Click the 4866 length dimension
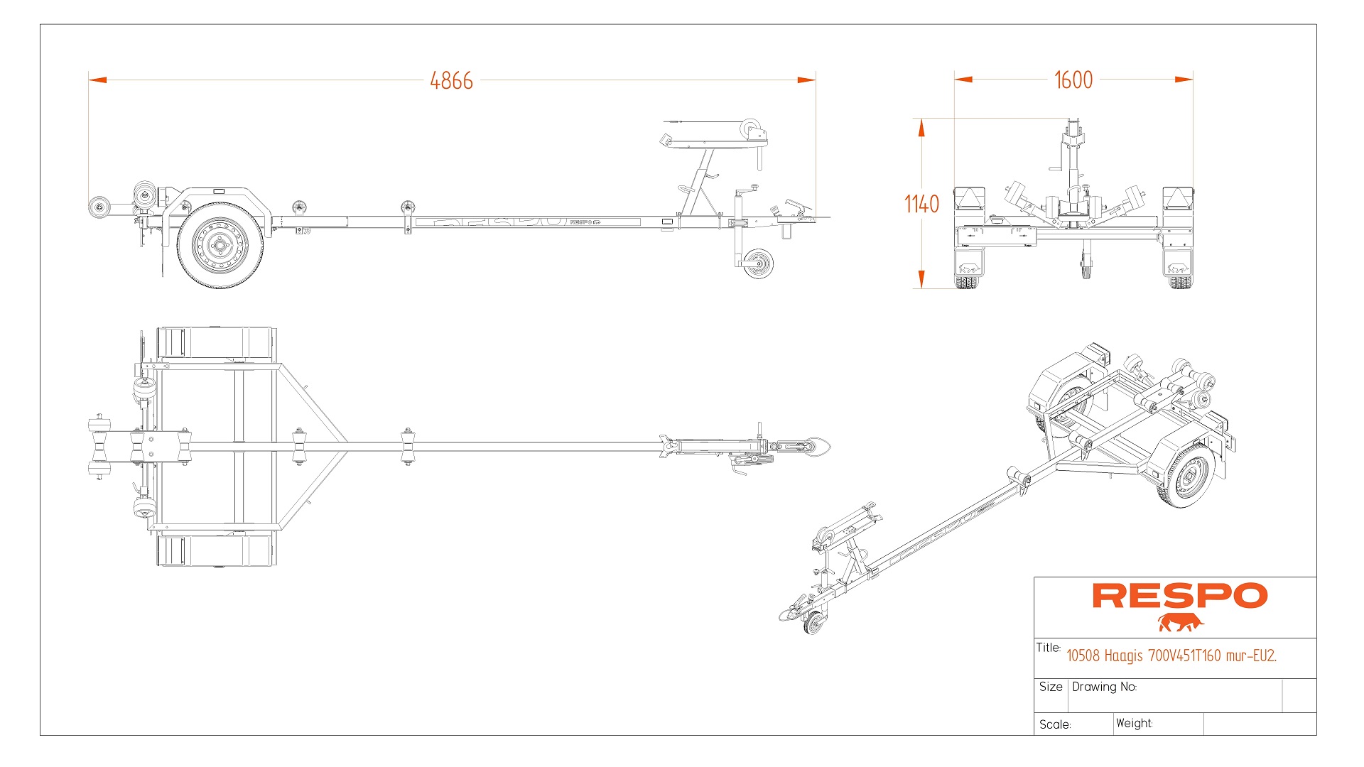click(451, 81)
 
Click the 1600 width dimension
click(1073, 80)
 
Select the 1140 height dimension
click(921, 205)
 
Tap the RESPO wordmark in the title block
click(1179, 597)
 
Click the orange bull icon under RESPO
click(1180, 623)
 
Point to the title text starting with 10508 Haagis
click(1171, 656)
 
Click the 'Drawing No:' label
click(1104, 687)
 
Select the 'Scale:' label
click(1054, 724)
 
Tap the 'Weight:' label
click(1134, 723)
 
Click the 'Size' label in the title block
click(1050, 687)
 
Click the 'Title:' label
click(1048, 648)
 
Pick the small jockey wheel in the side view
click(758, 263)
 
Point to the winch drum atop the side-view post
click(751, 130)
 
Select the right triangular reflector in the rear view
click(1177, 198)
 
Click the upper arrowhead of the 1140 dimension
click(921, 128)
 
